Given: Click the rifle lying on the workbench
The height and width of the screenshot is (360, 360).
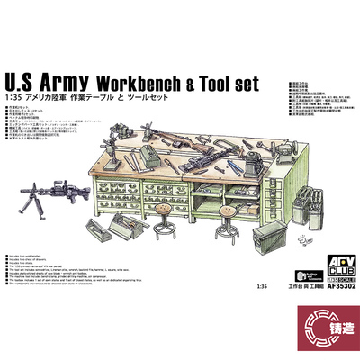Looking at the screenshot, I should [181, 121].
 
